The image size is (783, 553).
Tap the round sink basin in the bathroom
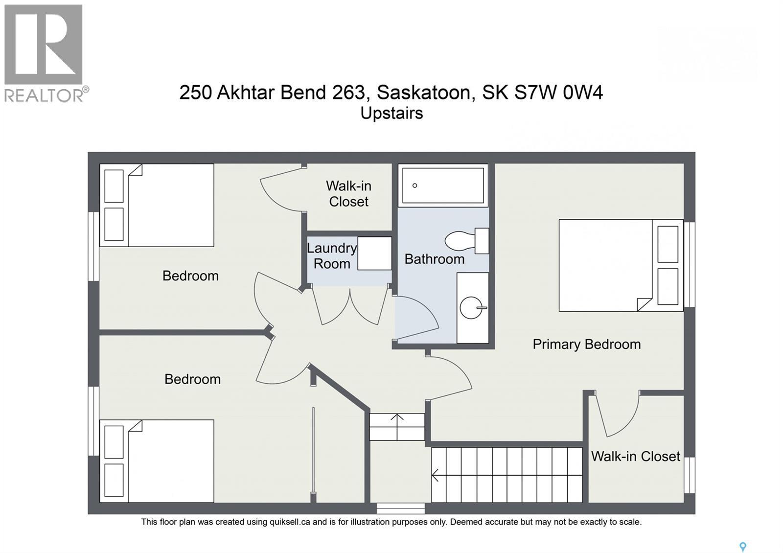[471, 308]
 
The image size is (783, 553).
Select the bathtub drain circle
[415, 185]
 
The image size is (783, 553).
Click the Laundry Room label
[332, 256]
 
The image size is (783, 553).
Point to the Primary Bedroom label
[586, 344]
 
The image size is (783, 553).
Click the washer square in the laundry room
[374, 253]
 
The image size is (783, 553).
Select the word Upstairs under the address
[391, 113]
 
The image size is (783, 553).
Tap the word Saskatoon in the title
[424, 92]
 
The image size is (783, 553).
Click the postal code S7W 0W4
[558, 92]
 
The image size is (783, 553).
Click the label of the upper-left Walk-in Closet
[348, 193]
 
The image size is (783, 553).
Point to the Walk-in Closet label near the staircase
[635, 456]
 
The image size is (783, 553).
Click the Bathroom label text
[434, 259]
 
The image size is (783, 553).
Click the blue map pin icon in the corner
[742, 547]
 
